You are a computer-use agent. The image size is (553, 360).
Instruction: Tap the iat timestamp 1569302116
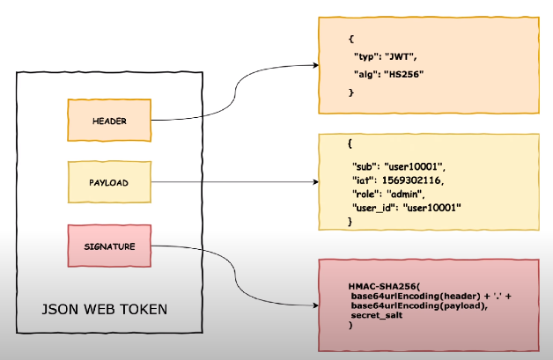[x=414, y=179]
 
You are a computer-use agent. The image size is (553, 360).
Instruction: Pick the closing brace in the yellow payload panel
[x=350, y=223]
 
